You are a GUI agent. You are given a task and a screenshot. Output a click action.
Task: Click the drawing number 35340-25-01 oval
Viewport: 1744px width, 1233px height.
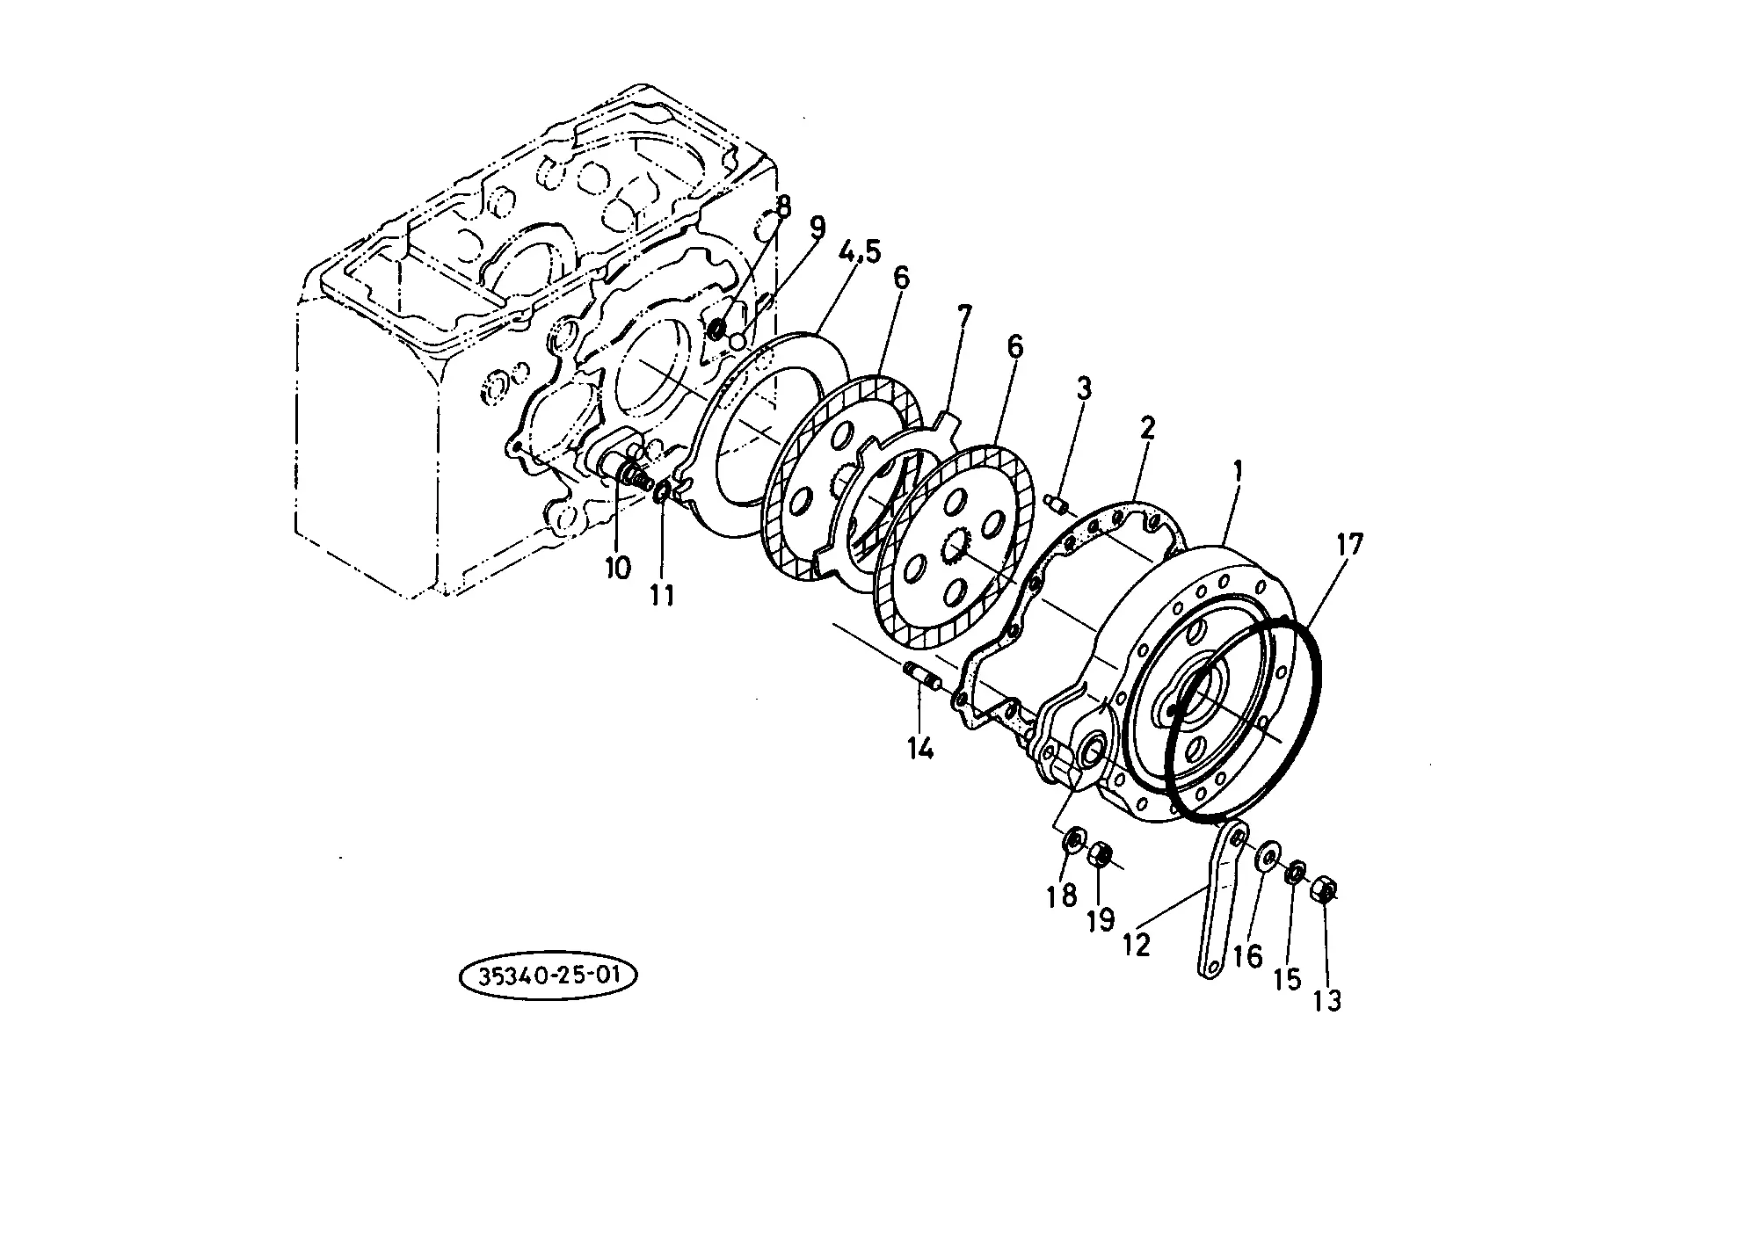(x=548, y=977)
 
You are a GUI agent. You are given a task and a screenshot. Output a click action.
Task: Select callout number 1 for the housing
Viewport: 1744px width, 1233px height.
(x=1238, y=472)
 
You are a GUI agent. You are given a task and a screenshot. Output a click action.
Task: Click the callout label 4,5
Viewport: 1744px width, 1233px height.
(x=860, y=252)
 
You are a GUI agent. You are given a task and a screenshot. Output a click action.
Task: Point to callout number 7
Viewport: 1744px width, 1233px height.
(x=964, y=316)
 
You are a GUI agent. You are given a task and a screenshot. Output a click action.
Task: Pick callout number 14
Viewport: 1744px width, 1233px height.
(x=921, y=749)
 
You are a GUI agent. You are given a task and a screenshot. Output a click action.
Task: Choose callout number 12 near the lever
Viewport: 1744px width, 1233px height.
(x=1136, y=945)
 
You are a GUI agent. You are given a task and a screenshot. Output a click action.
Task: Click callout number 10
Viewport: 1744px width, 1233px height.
(x=618, y=568)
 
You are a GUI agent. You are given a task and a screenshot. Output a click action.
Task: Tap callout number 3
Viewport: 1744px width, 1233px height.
(x=1084, y=388)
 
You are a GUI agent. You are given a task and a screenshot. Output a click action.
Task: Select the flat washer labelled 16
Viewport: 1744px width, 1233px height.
(x=1268, y=857)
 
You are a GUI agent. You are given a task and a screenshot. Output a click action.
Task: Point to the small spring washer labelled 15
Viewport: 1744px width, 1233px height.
(x=1295, y=875)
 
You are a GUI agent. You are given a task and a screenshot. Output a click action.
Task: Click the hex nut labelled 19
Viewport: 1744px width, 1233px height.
(x=1099, y=854)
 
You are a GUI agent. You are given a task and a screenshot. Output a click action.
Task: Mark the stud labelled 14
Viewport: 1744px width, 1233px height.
(x=922, y=678)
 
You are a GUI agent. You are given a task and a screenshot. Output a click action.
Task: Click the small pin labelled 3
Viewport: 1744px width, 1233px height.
(x=1061, y=504)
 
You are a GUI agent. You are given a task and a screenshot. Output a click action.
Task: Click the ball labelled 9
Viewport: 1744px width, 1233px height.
(x=738, y=338)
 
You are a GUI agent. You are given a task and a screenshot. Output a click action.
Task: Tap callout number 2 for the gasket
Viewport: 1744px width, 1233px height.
(x=1147, y=430)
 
